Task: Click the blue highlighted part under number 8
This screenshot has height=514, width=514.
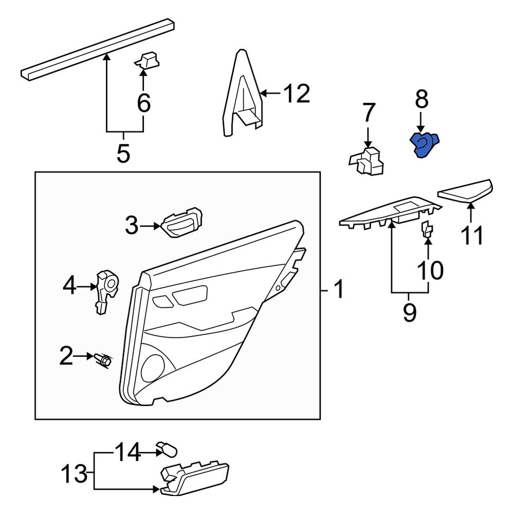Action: click(x=425, y=145)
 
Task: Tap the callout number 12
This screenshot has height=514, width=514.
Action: click(x=297, y=94)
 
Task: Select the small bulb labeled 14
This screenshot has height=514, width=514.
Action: click(x=168, y=449)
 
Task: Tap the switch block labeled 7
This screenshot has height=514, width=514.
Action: click(x=369, y=162)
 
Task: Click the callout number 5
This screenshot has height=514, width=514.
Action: click(x=123, y=153)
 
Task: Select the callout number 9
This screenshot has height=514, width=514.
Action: click(x=409, y=313)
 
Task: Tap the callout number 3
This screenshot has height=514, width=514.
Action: click(x=132, y=226)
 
